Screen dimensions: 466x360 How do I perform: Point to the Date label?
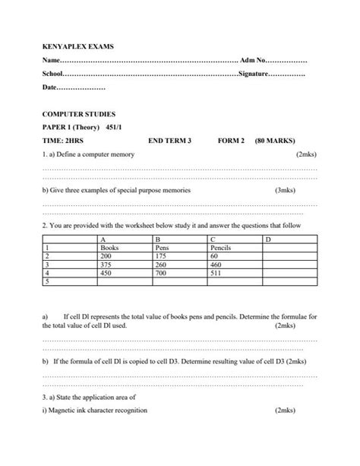[x=49, y=88]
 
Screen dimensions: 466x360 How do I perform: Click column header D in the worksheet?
[x=266, y=239]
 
